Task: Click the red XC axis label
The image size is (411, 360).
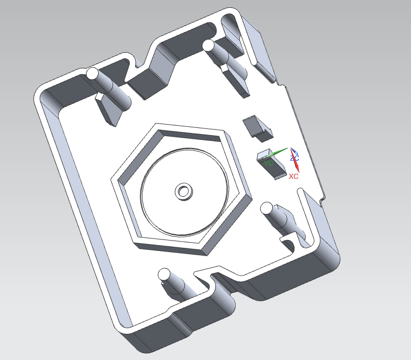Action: point(294,176)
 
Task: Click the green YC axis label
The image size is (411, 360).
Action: point(269,163)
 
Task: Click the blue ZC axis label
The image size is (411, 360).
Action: point(294,158)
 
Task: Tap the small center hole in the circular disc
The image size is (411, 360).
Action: point(184,191)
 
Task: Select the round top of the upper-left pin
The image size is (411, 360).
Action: point(92,74)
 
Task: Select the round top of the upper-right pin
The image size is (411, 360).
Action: point(209,46)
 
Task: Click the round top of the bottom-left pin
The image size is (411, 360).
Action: point(164,274)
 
